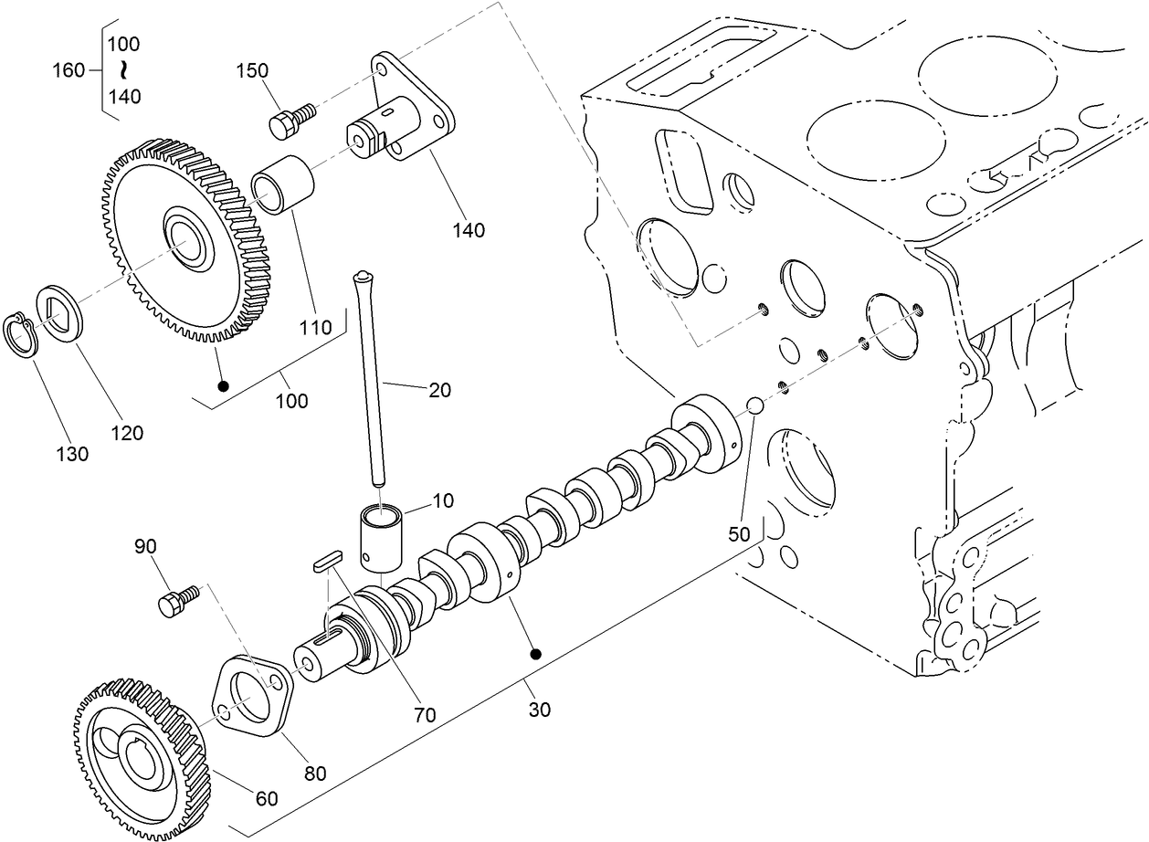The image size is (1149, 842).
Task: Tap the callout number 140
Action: (x=467, y=229)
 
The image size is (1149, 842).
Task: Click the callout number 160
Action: (x=69, y=69)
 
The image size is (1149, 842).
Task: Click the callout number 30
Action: (x=540, y=709)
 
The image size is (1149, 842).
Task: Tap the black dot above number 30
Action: (x=536, y=654)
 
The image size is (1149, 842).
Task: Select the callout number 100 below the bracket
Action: (x=292, y=400)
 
